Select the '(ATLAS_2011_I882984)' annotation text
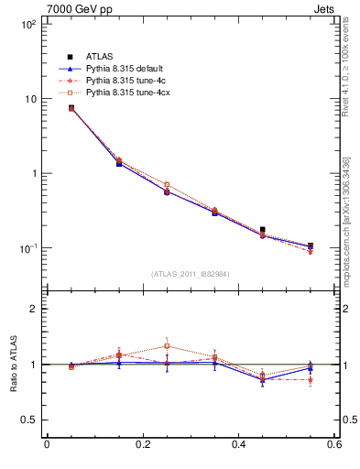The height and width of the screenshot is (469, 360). (x=191, y=273)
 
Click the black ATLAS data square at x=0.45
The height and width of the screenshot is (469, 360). (x=263, y=230)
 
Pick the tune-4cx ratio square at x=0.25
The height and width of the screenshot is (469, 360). (x=167, y=346)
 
